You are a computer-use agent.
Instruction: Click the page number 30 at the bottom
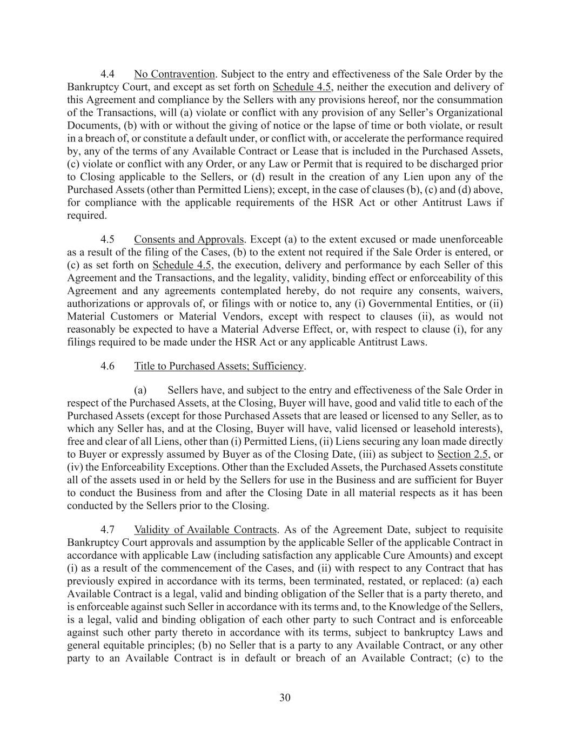click(x=285, y=698)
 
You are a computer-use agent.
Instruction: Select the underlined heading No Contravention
click(x=175, y=74)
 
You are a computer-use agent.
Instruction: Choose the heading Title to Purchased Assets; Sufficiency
click(x=219, y=366)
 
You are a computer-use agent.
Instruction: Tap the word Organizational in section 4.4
click(x=473, y=113)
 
